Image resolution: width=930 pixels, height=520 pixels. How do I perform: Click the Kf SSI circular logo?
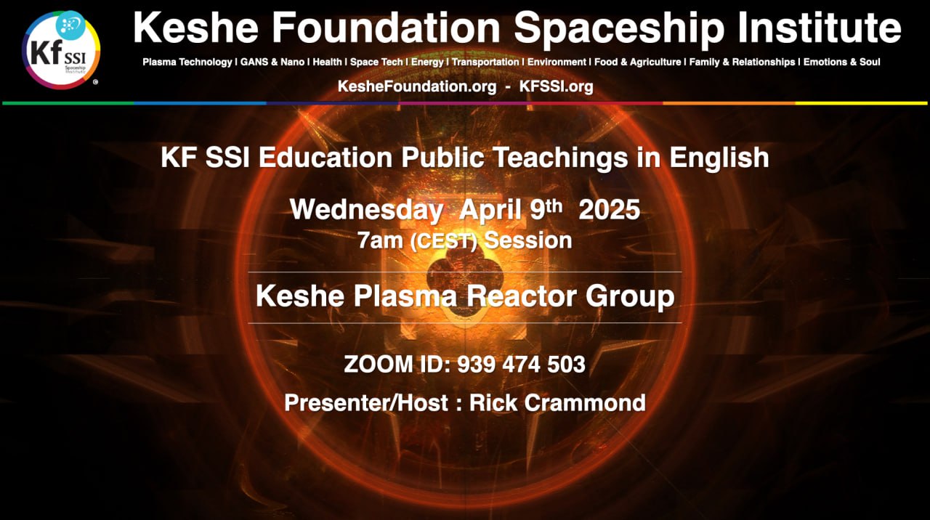coord(61,50)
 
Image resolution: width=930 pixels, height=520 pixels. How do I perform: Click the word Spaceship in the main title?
coord(619,28)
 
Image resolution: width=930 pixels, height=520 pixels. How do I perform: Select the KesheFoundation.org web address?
coord(417,86)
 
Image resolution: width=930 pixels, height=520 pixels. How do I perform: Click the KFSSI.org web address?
coord(556,86)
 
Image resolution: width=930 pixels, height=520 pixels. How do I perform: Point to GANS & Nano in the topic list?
coord(272,62)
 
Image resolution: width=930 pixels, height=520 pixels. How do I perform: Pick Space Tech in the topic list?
coord(376,62)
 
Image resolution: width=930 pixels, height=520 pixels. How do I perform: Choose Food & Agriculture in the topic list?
coord(638,62)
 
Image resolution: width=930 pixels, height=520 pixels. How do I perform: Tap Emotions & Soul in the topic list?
coord(841,62)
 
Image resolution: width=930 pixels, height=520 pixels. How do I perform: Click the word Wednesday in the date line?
coord(366,210)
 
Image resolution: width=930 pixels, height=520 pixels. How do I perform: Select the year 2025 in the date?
coord(609,210)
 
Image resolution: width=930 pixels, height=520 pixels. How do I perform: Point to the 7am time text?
coord(380,240)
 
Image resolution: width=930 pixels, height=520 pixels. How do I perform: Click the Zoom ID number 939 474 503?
coord(521,365)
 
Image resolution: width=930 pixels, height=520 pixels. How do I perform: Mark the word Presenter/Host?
coord(366,403)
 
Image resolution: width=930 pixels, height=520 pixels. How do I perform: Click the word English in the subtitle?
coord(719,158)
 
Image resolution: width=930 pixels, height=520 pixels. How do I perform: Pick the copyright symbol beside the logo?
coord(95,82)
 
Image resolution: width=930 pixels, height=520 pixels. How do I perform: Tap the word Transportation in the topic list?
coord(485,62)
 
